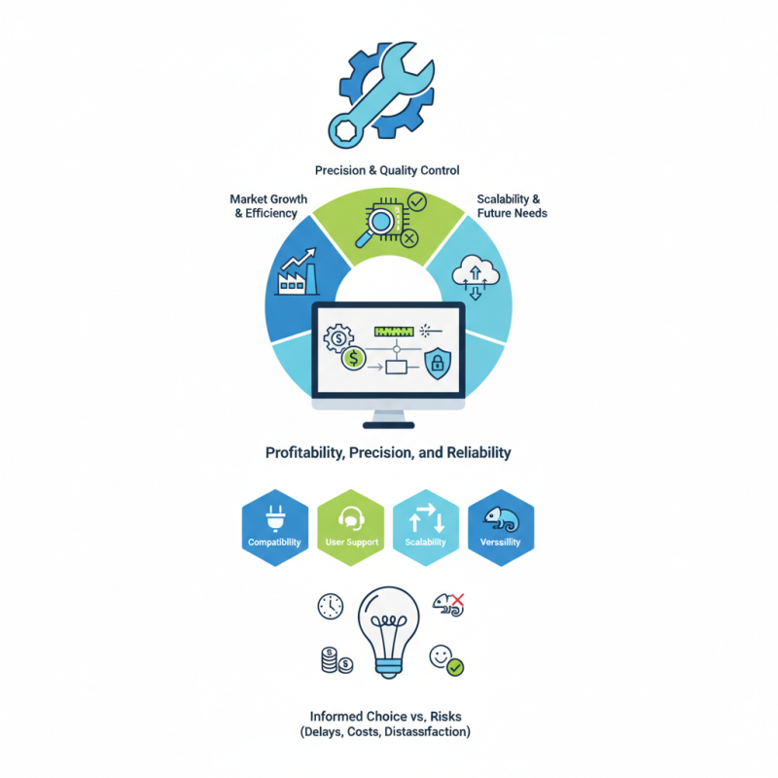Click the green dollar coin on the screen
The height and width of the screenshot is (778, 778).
tap(353, 359)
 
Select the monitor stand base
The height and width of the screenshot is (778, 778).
tap(388, 422)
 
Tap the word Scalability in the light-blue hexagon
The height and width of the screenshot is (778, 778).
tap(425, 543)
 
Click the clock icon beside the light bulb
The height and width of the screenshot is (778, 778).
tap(331, 605)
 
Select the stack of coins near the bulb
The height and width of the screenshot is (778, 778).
tap(331, 660)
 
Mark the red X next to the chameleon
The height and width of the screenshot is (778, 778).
tap(458, 599)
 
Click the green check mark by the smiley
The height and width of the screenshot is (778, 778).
tap(455, 667)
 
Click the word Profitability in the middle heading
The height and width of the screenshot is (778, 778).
tap(306, 453)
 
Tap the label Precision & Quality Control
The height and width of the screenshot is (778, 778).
tap(387, 171)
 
